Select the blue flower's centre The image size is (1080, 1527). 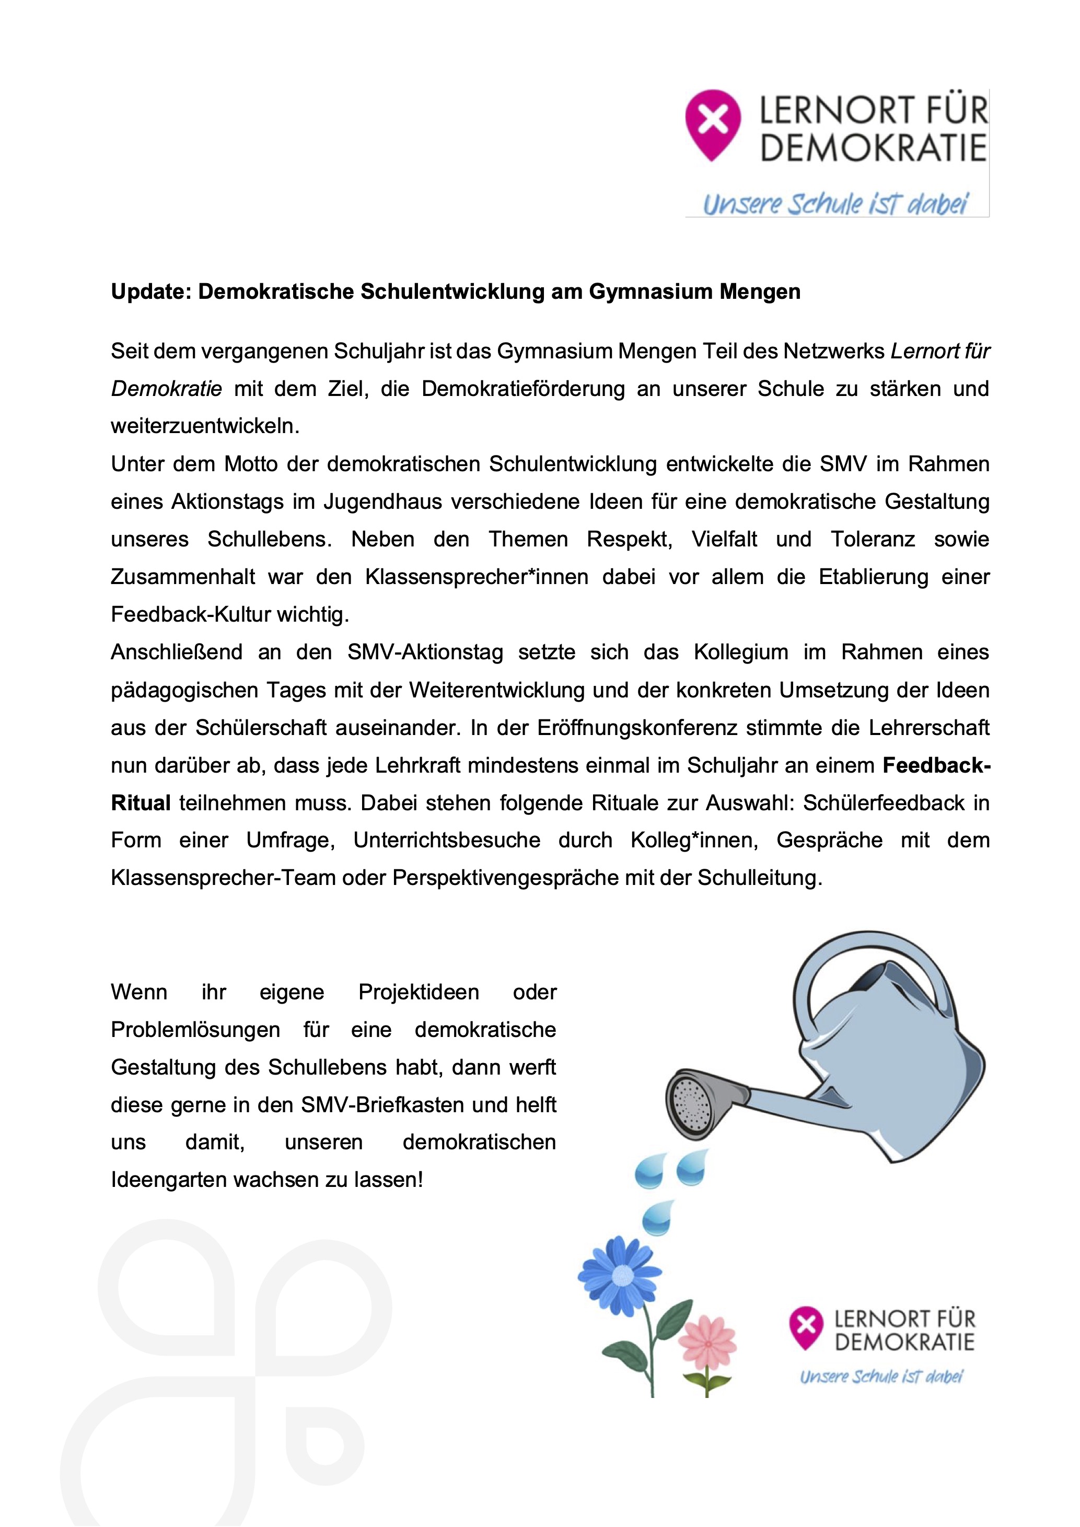[x=622, y=1274]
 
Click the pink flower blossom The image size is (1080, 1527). [x=707, y=1344]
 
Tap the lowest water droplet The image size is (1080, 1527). [x=658, y=1218]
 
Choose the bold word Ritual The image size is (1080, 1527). [x=141, y=803]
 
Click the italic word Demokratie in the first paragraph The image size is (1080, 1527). [x=166, y=388]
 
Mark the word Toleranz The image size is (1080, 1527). [x=873, y=539]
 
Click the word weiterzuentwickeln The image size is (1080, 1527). [x=205, y=426]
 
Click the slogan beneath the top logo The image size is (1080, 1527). [x=835, y=204]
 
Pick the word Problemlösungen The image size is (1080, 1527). [x=195, y=1030]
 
